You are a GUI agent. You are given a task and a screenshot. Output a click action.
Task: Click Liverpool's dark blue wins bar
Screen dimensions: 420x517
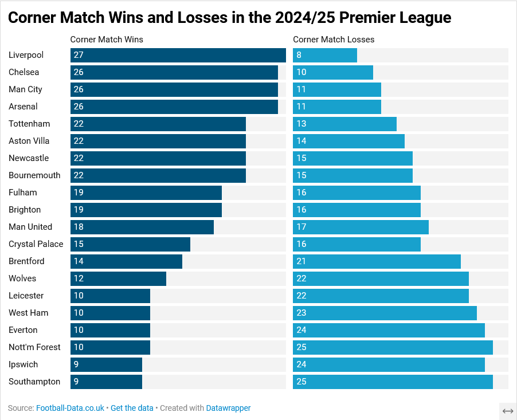tap(178, 55)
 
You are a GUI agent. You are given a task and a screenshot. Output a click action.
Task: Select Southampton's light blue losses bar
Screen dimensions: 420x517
tap(393, 382)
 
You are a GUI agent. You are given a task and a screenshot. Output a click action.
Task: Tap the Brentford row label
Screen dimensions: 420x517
tap(26, 261)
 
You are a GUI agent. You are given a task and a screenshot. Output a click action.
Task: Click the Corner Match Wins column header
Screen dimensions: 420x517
tap(107, 40)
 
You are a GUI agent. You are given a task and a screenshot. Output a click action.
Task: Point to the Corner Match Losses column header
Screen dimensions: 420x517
tap(334, 40)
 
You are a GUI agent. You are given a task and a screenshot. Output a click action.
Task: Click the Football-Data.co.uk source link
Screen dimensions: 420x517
tap(70, 408)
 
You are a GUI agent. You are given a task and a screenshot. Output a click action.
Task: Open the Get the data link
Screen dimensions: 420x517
tap(132, 408)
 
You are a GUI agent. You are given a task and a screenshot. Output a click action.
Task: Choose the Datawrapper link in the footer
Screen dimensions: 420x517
tap(228, 408)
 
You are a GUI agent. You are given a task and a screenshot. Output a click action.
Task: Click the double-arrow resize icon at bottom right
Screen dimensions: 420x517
tap(507, 411)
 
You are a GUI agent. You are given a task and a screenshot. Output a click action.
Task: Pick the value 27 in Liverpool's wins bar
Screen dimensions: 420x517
tap(79, 55)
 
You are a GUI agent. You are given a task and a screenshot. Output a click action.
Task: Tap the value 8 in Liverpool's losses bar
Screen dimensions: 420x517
tap(299, 55)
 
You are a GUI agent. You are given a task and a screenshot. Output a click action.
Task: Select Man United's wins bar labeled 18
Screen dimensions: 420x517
tap(142, 227)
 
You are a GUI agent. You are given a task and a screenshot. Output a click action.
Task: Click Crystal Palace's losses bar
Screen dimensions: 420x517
tap(357, 244)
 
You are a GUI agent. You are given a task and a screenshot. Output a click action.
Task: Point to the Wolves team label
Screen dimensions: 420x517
tap(22, 278)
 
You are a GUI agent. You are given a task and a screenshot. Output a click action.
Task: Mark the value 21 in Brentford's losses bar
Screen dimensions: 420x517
tap(301, 261)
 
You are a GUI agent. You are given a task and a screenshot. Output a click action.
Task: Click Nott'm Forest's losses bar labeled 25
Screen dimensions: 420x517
tap(393, 347)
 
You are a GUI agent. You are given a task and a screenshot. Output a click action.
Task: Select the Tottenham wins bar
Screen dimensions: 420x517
tap(158, 124)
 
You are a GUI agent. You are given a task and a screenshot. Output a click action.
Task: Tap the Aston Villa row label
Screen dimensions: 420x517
tap(29, 141)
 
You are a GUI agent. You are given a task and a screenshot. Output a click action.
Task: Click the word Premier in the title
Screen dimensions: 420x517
tap(364, 18)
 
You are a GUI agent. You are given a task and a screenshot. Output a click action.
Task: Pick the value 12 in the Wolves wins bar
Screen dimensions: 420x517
tap(79, 278)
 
